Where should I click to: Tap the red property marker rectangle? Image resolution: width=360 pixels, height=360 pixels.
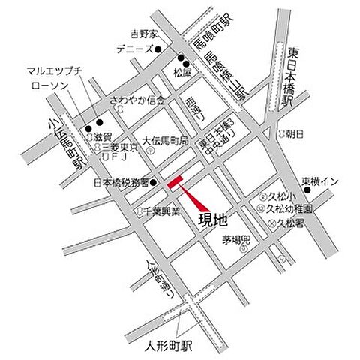(175, 182)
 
